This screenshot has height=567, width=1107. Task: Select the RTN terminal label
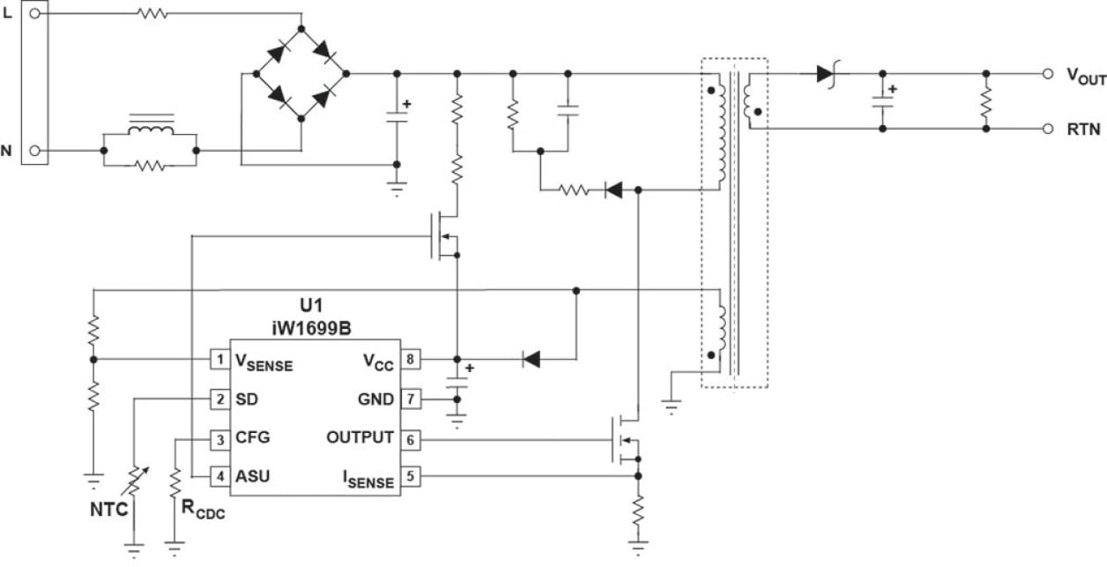1083,130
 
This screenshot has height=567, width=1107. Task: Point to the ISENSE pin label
368,478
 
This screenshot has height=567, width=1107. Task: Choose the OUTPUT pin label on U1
359,437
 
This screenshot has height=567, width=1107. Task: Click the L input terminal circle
34,13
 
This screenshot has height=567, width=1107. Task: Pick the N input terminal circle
34,151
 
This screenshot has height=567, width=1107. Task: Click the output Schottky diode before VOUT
826,74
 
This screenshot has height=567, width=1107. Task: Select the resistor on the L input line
152,13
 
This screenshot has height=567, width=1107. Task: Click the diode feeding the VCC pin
531,359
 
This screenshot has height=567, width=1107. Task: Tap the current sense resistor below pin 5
638,510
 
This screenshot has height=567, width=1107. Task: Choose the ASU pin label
253,477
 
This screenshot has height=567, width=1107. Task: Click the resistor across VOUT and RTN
986,101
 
